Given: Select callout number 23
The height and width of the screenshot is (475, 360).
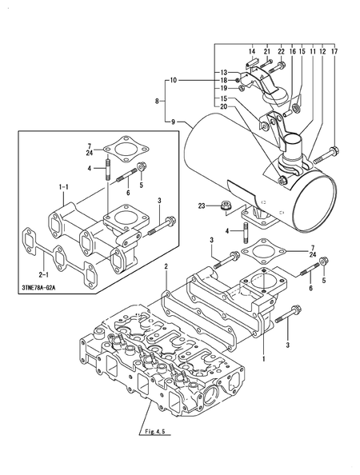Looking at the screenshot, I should pos(202,206).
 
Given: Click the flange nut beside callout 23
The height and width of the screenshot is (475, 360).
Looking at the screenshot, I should pos(226,207).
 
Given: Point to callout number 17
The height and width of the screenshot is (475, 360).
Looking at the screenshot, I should pos(333,52).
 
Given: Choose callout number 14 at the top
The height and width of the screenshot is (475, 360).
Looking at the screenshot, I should pos(251,52).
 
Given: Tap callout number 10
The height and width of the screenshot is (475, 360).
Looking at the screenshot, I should pos(172,81).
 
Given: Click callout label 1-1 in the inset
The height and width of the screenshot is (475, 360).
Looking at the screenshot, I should pos(62,187).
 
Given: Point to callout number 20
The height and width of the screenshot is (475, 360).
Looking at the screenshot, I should pos(223,107).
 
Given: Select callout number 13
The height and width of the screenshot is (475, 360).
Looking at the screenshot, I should pos(223,72).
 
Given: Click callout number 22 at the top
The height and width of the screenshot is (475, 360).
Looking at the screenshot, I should pos(281,52).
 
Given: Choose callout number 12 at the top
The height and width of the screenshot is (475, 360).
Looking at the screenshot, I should pos(322,52).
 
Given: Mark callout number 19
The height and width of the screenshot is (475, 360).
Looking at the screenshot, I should pos(223,90).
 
